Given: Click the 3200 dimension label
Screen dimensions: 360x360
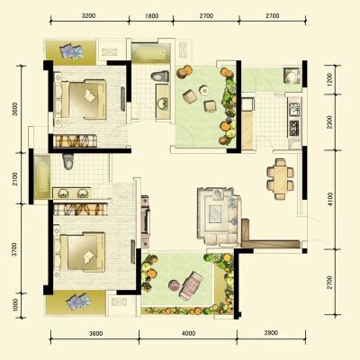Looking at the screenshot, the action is tap(88, 15).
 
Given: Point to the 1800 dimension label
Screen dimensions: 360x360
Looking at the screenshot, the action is tap(152, 15).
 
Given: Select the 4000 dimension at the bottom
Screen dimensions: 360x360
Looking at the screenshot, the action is tap(188, 333).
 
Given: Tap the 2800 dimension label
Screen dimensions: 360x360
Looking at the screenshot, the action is tap(271, 333).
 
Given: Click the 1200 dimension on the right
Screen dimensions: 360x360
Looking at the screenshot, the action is tap(329, 79).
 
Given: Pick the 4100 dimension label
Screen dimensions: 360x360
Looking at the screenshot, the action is tap(330, 200).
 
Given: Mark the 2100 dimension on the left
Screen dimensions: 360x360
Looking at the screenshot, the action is tap(15, 179).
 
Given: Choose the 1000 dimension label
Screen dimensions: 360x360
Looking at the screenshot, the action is tap(15, 305).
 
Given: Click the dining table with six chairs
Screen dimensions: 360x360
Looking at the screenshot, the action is tap(280, 179).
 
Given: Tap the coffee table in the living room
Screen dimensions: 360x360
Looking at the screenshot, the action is tap(216, 213).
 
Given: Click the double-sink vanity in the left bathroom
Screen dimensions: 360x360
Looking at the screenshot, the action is tap(71, 193).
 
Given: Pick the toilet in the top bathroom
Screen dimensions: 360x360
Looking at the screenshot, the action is tap(160, 76).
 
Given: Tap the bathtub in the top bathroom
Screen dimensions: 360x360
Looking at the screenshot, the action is tap(151, 53).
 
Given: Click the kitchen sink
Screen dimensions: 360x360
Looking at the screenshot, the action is tap(293, 109).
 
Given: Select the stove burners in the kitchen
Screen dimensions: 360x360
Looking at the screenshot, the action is tap(293, 128).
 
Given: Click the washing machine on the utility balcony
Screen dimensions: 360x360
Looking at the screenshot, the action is tap(291, 75).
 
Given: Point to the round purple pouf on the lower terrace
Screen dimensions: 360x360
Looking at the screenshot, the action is tap(174, 285).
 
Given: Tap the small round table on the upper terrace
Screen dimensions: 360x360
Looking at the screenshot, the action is tap(205, 90).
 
